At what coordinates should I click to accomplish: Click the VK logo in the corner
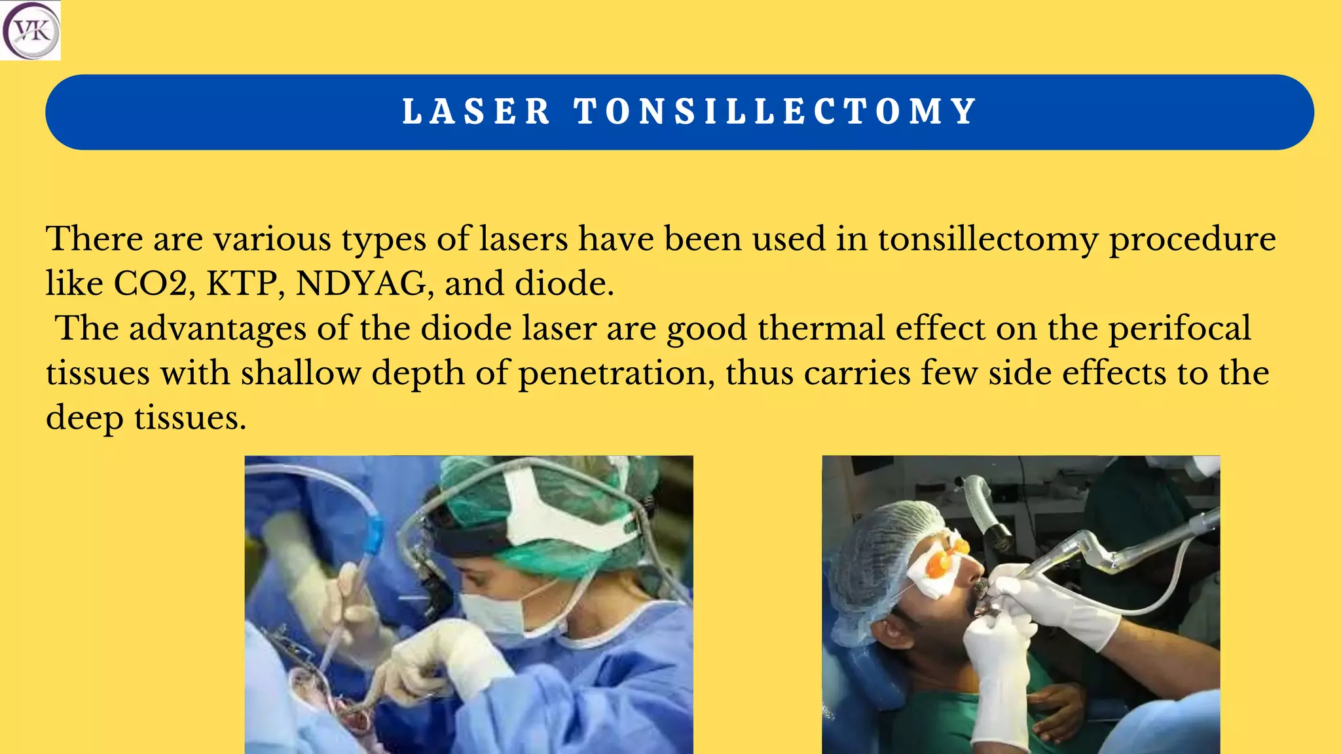[x=31, y=31]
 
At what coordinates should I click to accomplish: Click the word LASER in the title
[x=476, y=111]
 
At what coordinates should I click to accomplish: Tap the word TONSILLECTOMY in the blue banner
[x=776, y=111]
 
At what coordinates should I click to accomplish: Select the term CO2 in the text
[x=154, y=284]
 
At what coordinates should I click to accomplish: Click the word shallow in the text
[x=301, y=373]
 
